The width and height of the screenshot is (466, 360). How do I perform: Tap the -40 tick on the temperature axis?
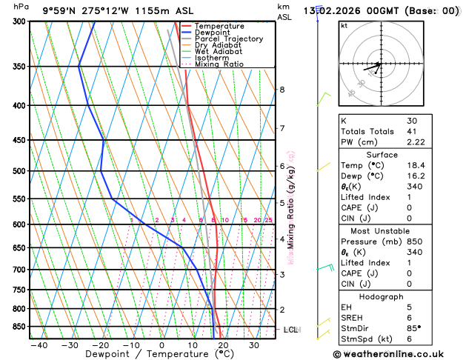click(x=39, y=345)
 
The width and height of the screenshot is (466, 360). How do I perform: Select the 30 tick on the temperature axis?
click(x=253, y=345)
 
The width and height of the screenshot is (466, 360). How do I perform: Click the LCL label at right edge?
click(x=290, y=329)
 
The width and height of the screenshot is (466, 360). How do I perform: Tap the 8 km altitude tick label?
click(x=282, y=90)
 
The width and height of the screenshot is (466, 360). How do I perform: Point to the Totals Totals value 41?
click(x=412, y=131)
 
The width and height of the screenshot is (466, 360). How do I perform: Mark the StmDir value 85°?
click(x=414, y=330)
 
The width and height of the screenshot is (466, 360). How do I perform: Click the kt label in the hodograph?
click(x=344, y=25)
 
